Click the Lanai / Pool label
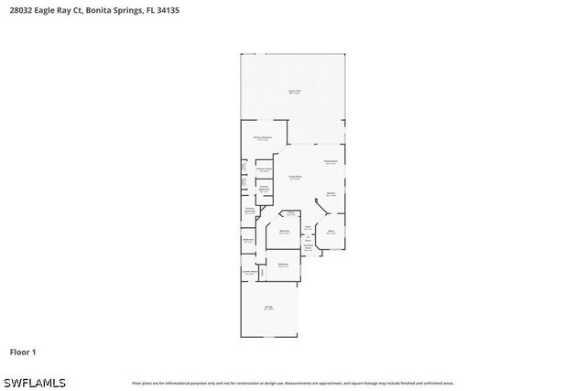(294, 92)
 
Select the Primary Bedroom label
(263, 138)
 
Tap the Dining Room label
(331, 162)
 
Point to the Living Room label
(295, 178)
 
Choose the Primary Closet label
(264, 169)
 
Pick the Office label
(331, 233)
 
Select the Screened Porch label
(309, 247)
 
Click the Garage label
(268, 308)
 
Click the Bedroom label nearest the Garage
(283, 265)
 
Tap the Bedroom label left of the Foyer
(285, 232)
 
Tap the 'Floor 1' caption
(23, 352)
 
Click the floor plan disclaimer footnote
(293, 383)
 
